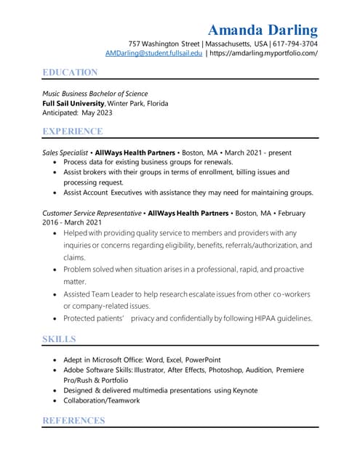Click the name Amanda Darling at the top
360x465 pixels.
pyautogui.click(x=263, y=30)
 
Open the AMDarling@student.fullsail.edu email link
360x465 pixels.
pyautogui.click(x=153, y=54)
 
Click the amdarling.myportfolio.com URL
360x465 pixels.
pyautogui.click(x=263, y=54)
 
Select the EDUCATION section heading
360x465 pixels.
pyautogui.click(x=70, y=72)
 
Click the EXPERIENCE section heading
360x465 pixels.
pyautogui.click(x=73, y=131)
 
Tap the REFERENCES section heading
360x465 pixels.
pyautogui.click(x=73, y=420)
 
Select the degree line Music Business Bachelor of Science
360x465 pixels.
pyautogui.click(x=95, y=93)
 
